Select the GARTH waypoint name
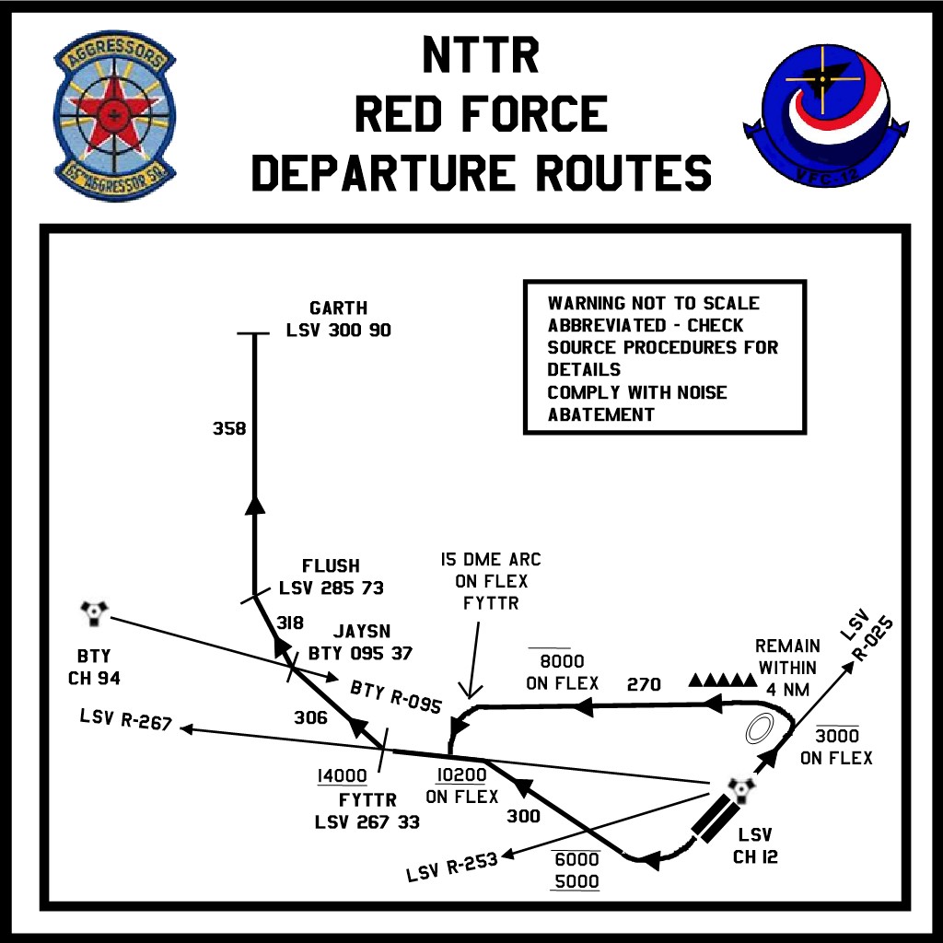tap(338, 308)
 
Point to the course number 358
tap(229, 428)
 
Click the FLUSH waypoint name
tap(331, 565)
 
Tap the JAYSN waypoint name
tap(362, 632)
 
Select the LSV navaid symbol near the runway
tap(740, 789)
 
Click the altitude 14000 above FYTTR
tap(342, 776)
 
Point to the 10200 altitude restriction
tap(461, 775)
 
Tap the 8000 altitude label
tap(563, 662)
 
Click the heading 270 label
tap(645, 684)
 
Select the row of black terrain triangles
tap(722, 681)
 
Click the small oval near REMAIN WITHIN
tap(760, 728)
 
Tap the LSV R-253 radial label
tap(452, 867)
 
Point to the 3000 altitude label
tap(836, 736)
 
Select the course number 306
tap(310, 717)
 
